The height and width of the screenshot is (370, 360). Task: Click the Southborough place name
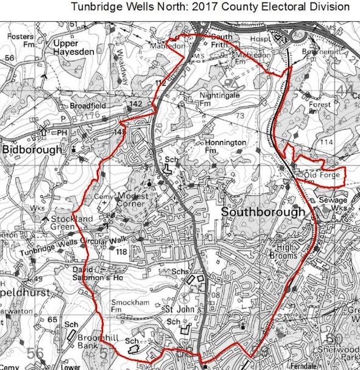tap(263, 212)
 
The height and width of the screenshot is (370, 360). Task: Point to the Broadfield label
tap(88, 105)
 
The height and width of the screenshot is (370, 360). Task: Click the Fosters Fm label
tap(20, 41)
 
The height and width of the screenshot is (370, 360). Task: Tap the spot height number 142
tap(136, 105)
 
